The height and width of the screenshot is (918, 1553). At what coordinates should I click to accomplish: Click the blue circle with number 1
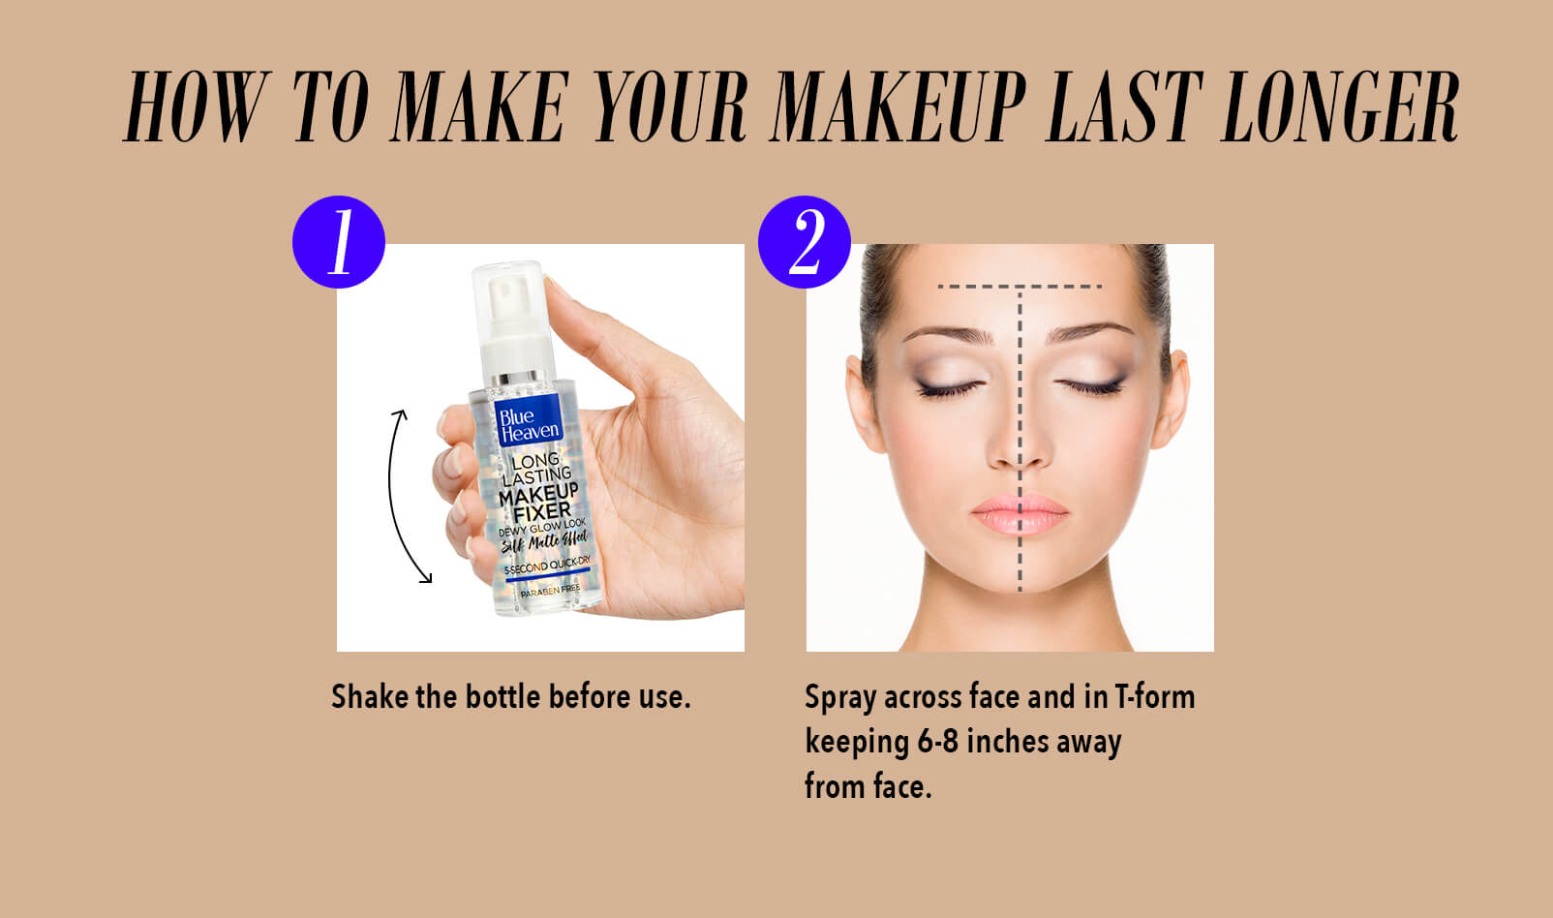pos(338,242)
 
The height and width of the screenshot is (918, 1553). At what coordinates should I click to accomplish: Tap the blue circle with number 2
pos(805,242)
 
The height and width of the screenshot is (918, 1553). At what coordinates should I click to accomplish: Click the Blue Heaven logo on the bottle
pos(529,422)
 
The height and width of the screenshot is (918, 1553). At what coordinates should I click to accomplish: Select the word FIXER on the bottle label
pos(541,512)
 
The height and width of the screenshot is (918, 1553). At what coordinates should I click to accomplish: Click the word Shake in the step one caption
pos(370,696)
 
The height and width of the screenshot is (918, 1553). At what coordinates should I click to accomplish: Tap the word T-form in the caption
pos(1154,697)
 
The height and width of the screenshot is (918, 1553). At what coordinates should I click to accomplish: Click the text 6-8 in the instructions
pos(938,741)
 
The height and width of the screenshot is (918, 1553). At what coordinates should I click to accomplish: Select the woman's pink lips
pos(1020,514)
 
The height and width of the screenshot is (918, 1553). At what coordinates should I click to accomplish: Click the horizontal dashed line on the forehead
pos(1020,286)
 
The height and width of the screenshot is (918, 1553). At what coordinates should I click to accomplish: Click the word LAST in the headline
pos(1123,107)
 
